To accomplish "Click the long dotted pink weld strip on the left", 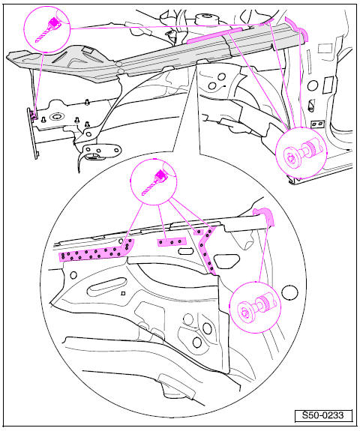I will [x=94, y=253].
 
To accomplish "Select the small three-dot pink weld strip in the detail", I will [x=172, y=241].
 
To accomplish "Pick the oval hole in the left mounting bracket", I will [x=33, y=112].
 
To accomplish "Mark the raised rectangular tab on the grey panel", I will [x=88, y=49].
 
